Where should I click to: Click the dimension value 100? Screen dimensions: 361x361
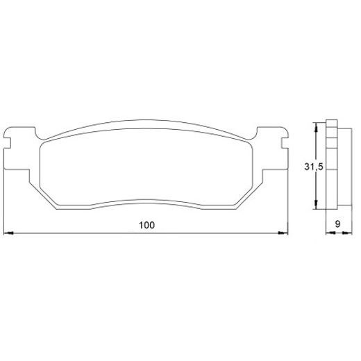point(146,225)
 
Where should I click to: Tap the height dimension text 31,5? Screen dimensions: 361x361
point(314,167)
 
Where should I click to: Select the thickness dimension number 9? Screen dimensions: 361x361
point(337,224)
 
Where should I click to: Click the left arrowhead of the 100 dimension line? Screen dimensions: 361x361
point(9,233)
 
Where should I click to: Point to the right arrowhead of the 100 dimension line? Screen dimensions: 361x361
point(283,233)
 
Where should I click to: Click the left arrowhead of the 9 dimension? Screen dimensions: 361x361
point(330,233)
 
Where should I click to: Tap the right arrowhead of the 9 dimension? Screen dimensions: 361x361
point(347,233)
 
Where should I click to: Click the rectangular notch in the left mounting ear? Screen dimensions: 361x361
point(7,143)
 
